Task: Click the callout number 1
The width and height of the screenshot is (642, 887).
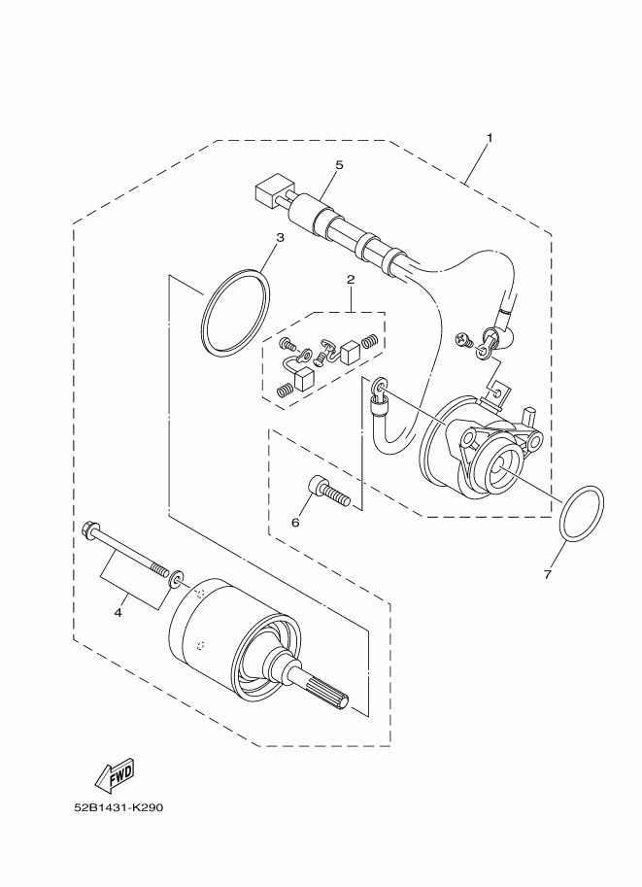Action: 490,137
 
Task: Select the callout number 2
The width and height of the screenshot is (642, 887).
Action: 351,280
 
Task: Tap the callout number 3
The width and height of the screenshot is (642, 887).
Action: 280,238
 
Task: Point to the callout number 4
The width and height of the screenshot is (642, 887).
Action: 118,613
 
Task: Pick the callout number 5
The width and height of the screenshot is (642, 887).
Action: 339,164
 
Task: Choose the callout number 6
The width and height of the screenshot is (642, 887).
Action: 294,522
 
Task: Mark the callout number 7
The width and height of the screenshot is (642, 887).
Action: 547,575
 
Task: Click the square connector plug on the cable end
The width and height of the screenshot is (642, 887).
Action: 270,192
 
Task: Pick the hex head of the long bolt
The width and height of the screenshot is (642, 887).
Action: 89,530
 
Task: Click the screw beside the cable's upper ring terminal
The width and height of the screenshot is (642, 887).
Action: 463,341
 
